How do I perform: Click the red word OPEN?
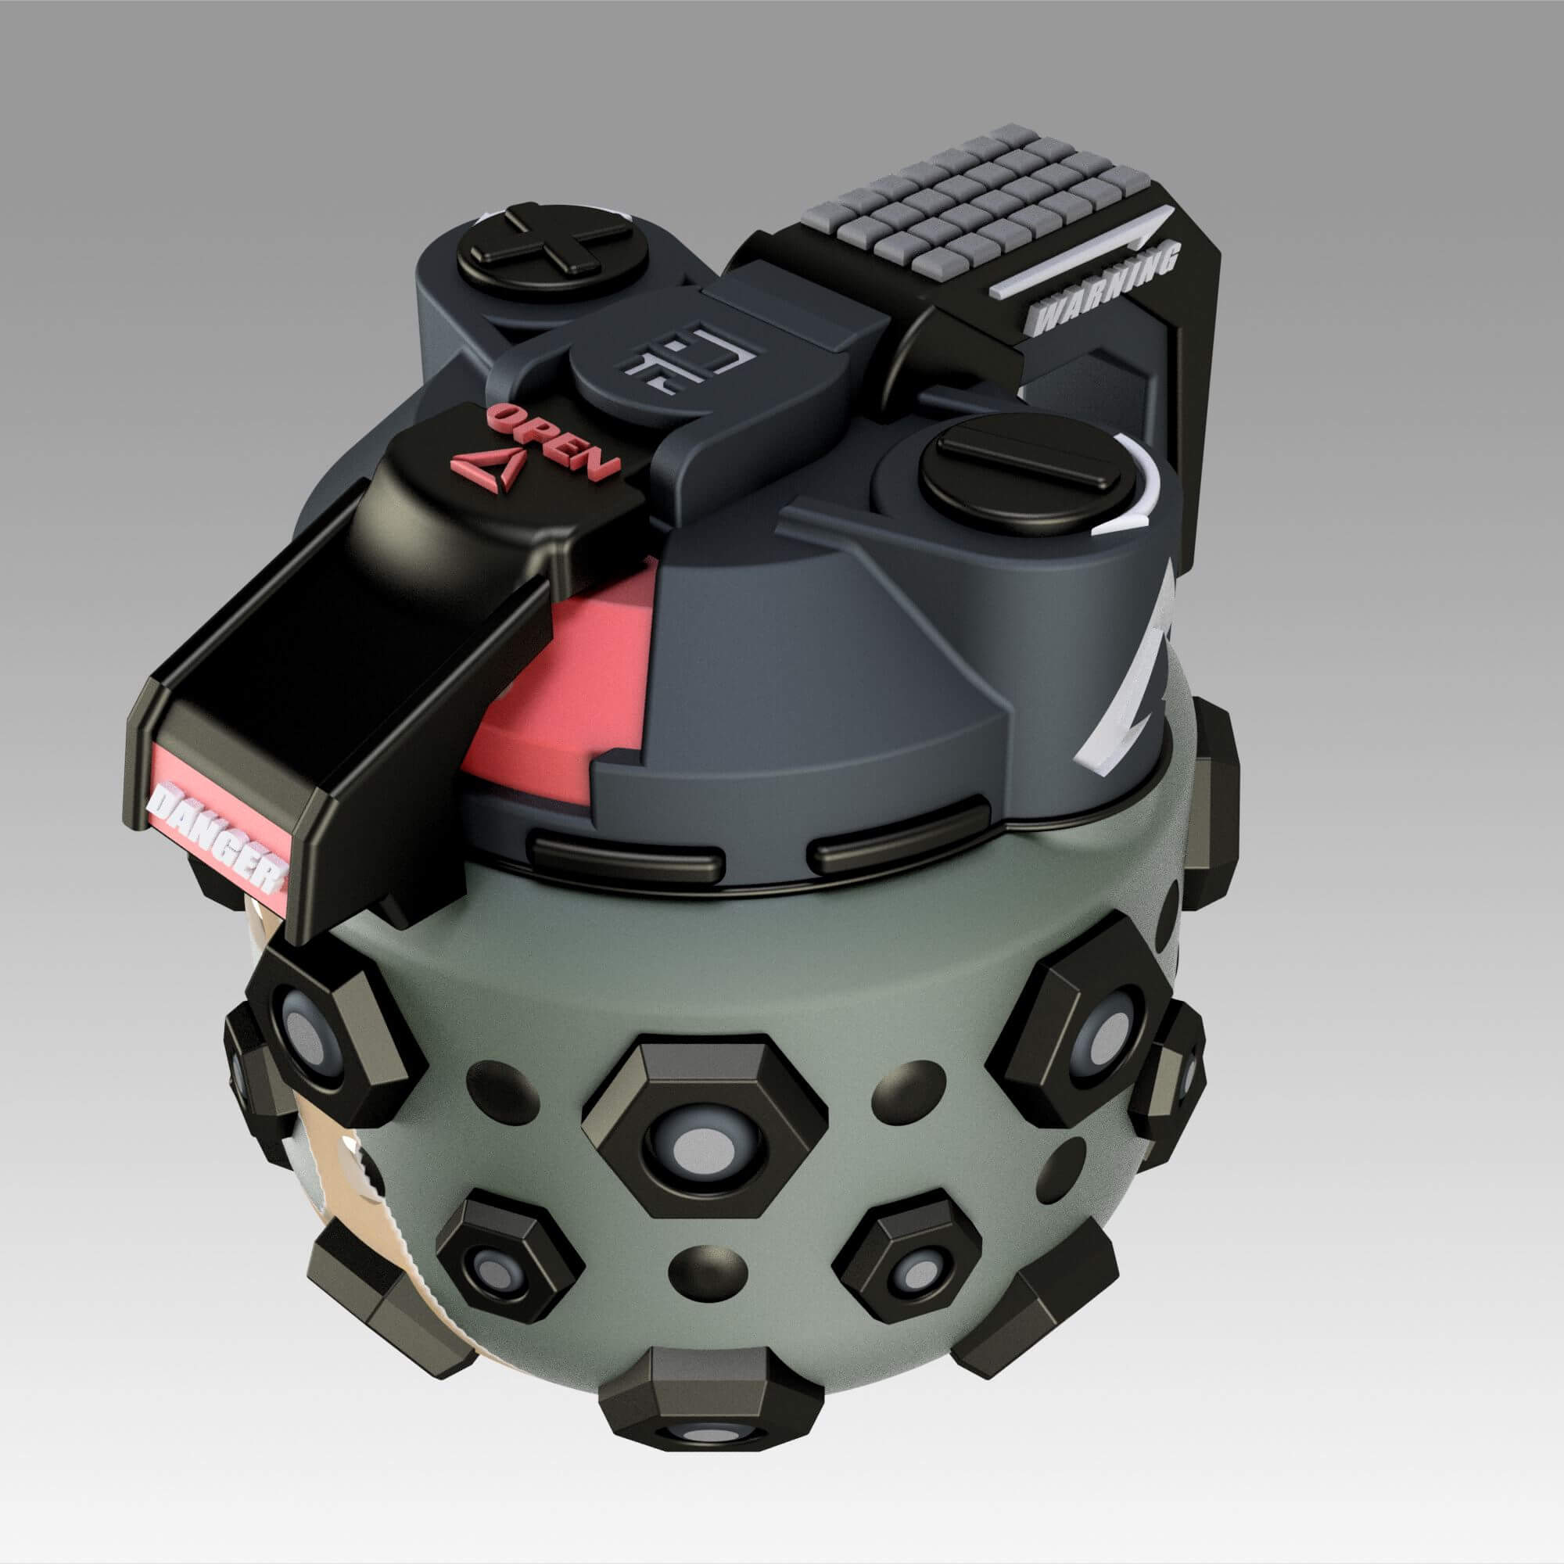tap(554, 442)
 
